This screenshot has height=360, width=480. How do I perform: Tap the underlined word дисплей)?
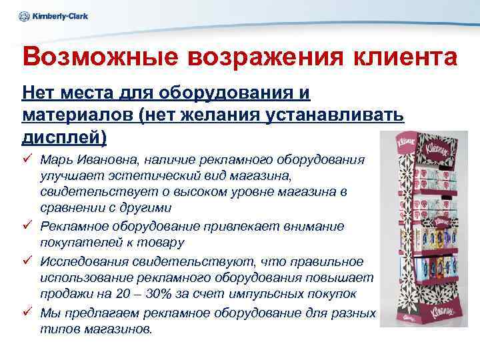[65, 136]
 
